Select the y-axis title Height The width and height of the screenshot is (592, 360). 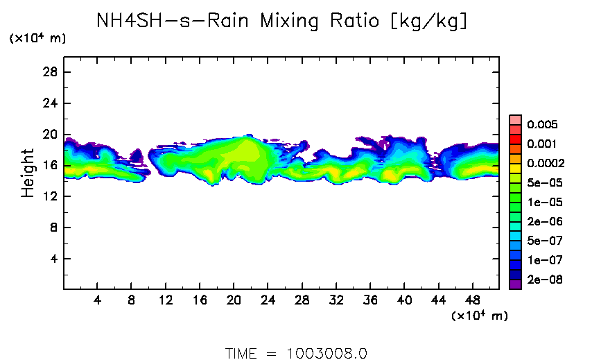pos(28,173)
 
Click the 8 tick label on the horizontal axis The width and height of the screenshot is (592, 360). pos(131,302)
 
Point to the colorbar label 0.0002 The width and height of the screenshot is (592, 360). pos(546,164)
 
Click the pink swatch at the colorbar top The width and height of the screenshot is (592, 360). pos(515,119)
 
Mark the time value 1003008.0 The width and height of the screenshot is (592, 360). pos(327,353)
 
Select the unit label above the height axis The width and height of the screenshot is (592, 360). pos(37,39)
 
